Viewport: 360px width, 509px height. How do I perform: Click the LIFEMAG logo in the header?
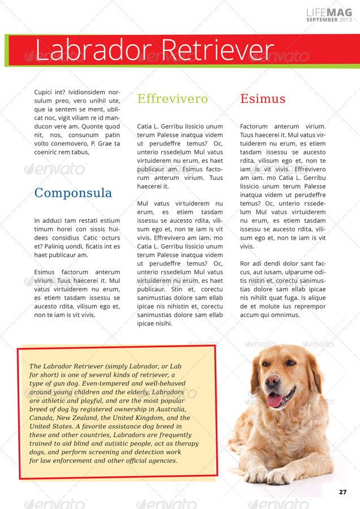pyautogui.click(x=329, y=12)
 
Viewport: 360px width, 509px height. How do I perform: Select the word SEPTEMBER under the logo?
pyautogui.click(x=322, y=20)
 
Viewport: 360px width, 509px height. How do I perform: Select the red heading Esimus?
pyautogui.click(x=263, y=99)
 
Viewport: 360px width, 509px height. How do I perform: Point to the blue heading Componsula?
pyautogui.click(x=73, y=193)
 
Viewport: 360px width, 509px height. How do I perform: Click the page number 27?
pyautogui.click(x=343, y=491)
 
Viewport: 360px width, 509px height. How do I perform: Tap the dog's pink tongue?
pyautogui.click(x=274, y=400)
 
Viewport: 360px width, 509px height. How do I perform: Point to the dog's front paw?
pyautogui.click(x=280, y=476)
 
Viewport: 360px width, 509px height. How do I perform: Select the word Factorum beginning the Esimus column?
pyautogui.click(x=254, y=127)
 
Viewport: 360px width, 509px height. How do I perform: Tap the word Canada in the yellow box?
pyautogui.click(x=42, y=418)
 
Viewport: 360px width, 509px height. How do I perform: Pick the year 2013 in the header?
pyautogui.click(x=346, y=20)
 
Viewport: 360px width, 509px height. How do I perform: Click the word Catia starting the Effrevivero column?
pyautogui.click(x=145, y=127)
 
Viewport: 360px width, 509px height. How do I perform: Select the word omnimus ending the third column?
pyautogui.click(x=285, y=315)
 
